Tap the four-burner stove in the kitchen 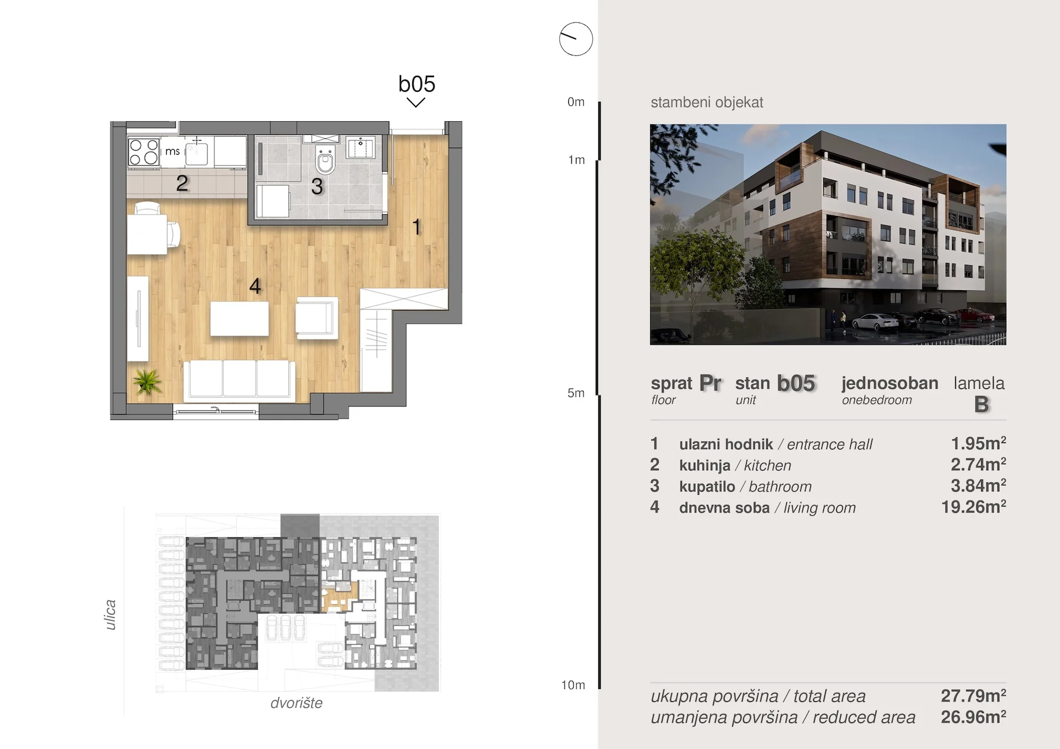click(x=144, y=151)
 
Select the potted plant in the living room click(x=147, y=382)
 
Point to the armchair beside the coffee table click(x=317, y=318)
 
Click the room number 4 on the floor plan click(x=255, y=286)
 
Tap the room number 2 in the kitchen click(x=182, y=184)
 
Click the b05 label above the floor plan click(x=416, y=84)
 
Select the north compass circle click(x=576, y=39)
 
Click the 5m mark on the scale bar click(x=576, y=393)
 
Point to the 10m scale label click(x=573, y=685)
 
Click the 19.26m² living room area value click(x=973, y=507)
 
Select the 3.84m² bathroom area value click(x=978, y=485)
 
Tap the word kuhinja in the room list click(x=704, y=465)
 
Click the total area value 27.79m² click(x=973, y=695)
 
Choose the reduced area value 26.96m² click(x=973, y=717)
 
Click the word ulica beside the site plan click(x=110, y=615)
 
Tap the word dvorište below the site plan click(x=296, y=703)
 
